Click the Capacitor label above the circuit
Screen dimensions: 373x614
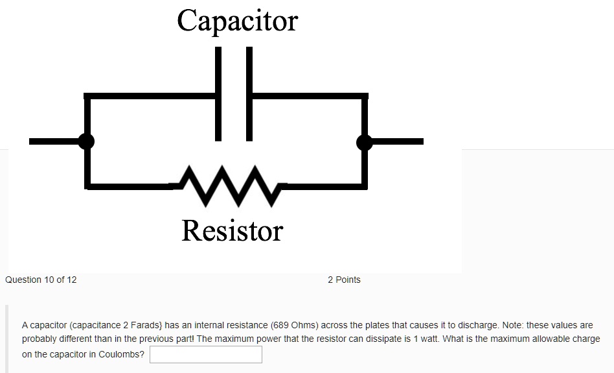coord(238,21)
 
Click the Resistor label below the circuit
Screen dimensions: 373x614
coord(233,231)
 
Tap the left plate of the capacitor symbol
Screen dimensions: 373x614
coord(218,93)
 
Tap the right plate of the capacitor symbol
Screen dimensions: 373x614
coord(249,93)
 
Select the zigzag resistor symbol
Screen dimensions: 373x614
coord(227,184)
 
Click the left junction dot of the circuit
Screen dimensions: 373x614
coord(86,141)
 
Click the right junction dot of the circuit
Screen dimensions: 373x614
coord(365,141)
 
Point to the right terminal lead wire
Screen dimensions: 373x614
coord(398,141)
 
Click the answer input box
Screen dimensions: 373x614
coord(206,355)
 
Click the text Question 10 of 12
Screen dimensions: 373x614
coord(41,280)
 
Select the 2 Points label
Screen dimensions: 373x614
coord(344,280)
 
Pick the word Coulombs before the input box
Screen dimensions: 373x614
coord(121,355)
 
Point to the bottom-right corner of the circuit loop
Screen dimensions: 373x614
coord(365,186)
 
